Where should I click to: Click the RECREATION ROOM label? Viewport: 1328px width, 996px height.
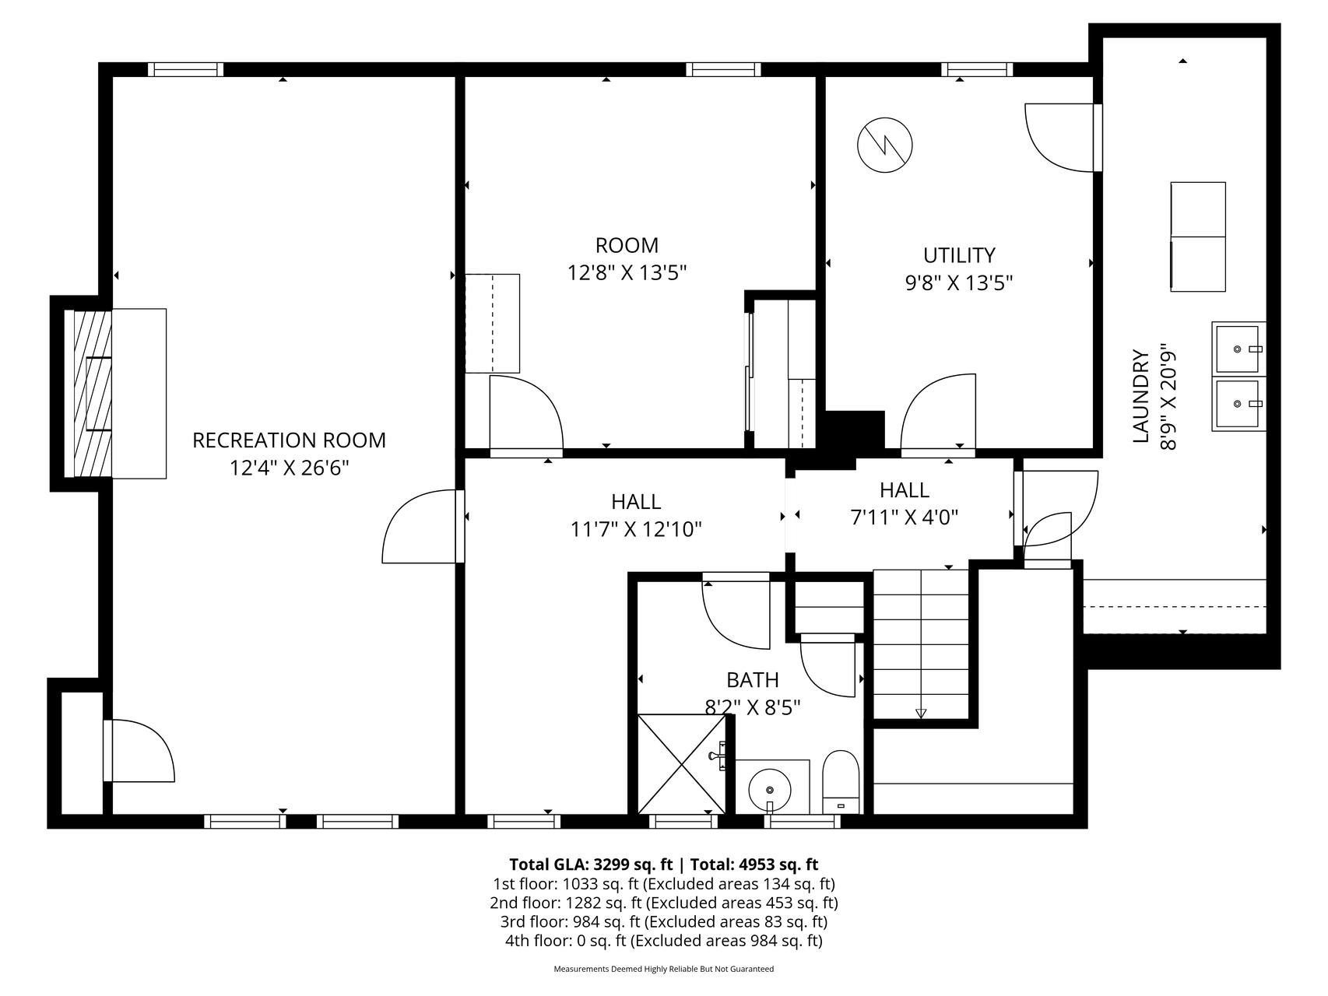pyautogui.click(x=289, y=440)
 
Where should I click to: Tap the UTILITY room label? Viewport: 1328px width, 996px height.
pyautogui.click(x=959, y=255)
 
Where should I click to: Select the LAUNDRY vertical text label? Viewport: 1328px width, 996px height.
pyautogui.click(x=1141, y=397)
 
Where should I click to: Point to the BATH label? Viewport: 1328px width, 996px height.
pyautogui.click(x=753, y=680)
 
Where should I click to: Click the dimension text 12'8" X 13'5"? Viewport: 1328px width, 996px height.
pyautogui.click(x=627, y=273)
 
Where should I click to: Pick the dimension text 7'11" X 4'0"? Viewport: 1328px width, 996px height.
pyautogui.click(x=905, y=517)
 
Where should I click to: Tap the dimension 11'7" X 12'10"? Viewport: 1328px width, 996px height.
pyautogui.click(x=636, y=530)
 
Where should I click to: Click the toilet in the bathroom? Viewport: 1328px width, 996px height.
pyautogui.click(x=841, y=782)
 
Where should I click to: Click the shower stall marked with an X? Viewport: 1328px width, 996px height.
pyautogui.click(x=682, y=764)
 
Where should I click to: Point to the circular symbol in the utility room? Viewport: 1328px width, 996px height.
pyautogui.click(x=885, y=146)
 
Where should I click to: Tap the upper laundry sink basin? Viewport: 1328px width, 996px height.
pyautogui.click(x=1237, y=349)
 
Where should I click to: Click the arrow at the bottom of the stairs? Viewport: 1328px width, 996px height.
pyautogui.click(x=922, y=714)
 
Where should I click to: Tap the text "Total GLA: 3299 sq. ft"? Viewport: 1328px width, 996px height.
pyautogui.click(x=591, y=864)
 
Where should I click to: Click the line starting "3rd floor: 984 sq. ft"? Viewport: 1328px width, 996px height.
pyautogui.click(x=664, y=922)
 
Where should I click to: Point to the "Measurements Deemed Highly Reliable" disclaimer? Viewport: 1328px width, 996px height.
pyautogui.click(x=664, y=970)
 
